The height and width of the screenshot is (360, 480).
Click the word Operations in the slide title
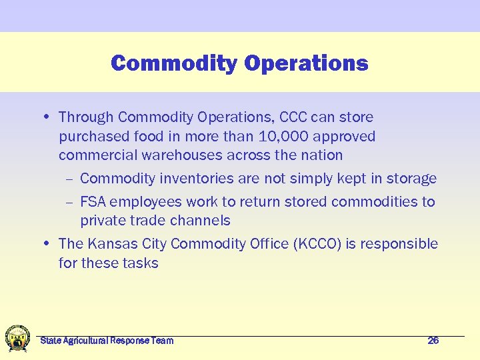[306, 63]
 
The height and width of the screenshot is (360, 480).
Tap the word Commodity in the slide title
[175, 63]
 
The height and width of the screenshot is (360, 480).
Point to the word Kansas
[107, 244]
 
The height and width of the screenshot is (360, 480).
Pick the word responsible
[399, 244]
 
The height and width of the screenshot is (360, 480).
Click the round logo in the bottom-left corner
[17, 338]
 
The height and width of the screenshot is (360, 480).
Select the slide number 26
[433, 341]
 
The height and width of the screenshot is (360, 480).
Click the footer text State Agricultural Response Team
[107, 341]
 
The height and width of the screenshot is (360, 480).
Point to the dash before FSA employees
[69, 202]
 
